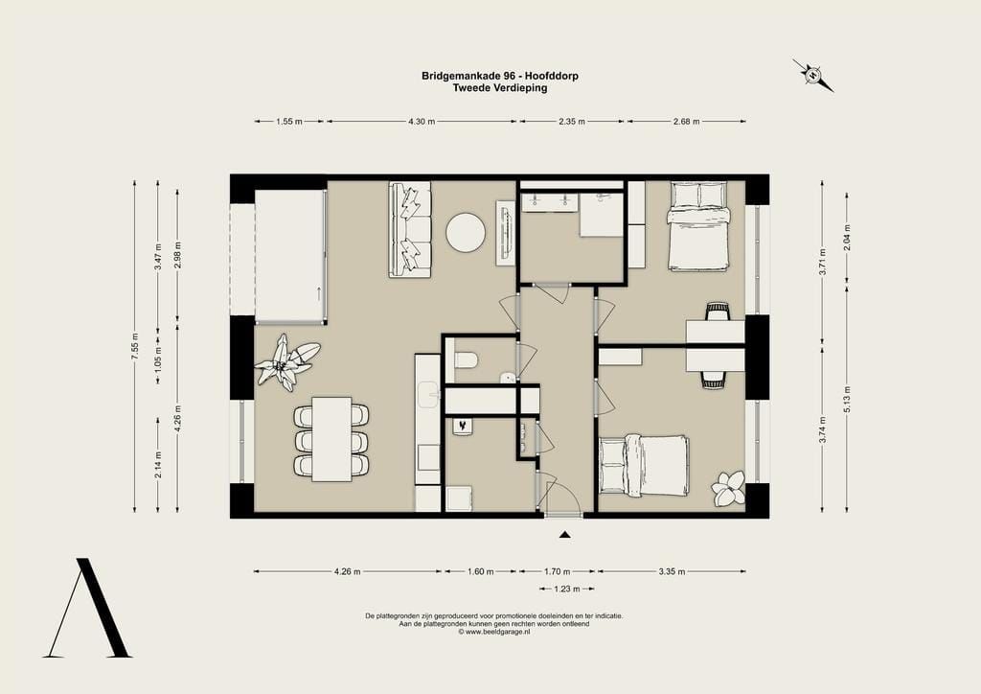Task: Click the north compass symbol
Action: (x=812, y=75)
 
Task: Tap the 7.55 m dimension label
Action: (x=134, y=346)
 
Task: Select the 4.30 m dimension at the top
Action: (x=422, y=122)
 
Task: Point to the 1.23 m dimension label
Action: (x=567, y=589)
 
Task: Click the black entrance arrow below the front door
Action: (x=565, y=535)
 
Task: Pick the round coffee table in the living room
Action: (x=466, y=233)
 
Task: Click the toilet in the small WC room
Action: (x=467, y=360)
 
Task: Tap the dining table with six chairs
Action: (x=331, y=439)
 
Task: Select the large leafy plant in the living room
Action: (x=286, y=362)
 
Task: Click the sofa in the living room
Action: (x=410, y=230)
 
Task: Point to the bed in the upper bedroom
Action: (x=698, y=226)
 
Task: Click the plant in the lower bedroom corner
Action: (x=729, y=488)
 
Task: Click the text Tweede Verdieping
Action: (x=500, y=87)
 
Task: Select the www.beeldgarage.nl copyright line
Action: (x=494, y=632)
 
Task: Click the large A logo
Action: (x=87, y=608)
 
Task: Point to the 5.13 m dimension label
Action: (x=847, y=399)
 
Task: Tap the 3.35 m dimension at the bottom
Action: (x=672, y=571)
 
